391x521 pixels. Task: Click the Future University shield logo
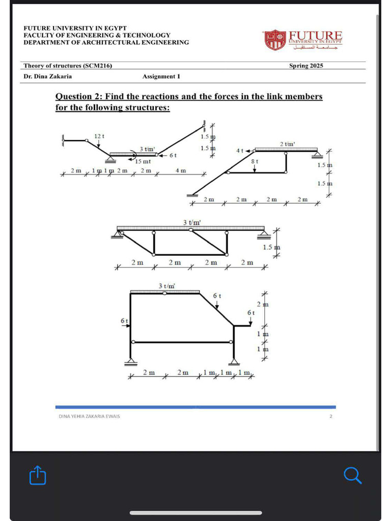pos(275,40)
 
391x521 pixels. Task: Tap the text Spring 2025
pos(306,66)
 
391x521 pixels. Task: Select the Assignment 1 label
pos(161,76)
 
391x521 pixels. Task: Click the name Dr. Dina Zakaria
pos(48,76)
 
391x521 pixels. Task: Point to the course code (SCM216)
pos(97,66)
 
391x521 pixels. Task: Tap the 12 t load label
pos(99,136)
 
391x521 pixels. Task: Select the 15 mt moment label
pos(143,161)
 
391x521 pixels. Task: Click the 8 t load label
pos(255,161)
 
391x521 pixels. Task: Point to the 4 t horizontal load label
pos(239,151)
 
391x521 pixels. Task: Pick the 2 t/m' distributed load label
pos(287,144)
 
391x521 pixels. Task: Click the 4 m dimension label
pos(181,170)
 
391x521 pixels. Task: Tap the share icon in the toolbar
pos(38,475)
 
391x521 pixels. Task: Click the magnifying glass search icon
pos(352,475)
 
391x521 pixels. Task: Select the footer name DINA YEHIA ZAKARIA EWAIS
pos(90,416)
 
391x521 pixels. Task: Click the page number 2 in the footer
pos(330,416)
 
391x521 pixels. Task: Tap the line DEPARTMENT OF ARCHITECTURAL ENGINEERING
pos(106,42)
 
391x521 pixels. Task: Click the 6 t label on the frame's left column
pos(124,321)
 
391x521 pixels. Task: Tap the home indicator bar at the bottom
pos(195,512)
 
